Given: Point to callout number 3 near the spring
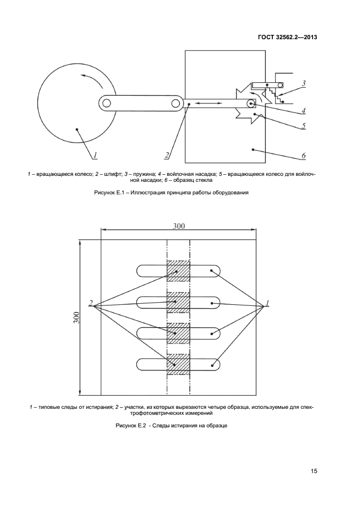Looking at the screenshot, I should click(304, 84).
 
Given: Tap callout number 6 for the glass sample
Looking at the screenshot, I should click(304, 156).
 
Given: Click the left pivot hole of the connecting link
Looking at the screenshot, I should click(107, 102).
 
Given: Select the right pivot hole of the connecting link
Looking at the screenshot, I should click(175, 102).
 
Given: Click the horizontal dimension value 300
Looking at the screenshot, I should click(179, 227).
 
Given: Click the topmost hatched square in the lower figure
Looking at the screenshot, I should click(178, 271).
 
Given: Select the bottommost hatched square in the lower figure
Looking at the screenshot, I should click(178, 364).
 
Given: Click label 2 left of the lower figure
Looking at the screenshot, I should click(91, 303).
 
